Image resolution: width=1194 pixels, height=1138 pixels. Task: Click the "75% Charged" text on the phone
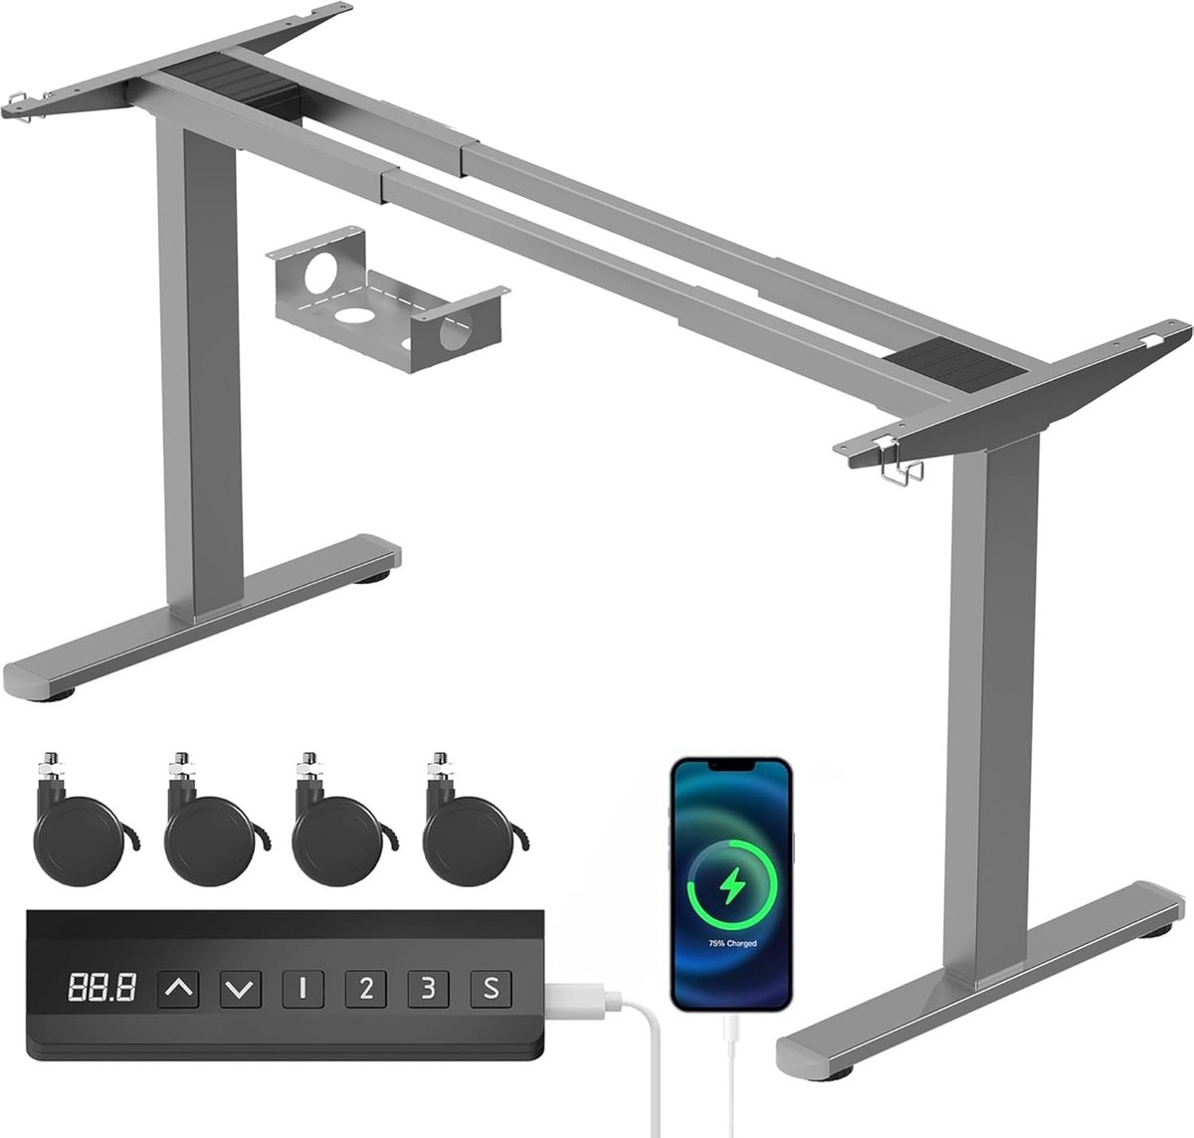[x=732, y=943]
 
